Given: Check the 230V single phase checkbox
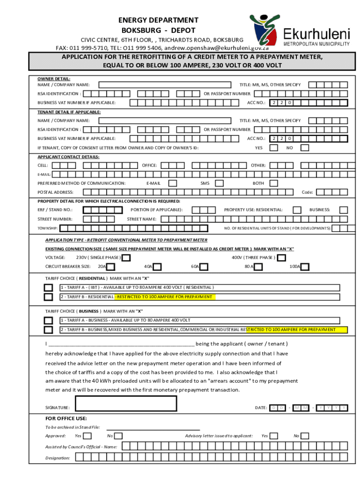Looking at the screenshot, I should point(126,258).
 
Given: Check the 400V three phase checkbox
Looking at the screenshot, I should point(281,258).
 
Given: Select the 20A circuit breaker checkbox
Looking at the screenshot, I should point(110,267).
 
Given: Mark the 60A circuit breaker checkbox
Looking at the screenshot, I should point(204,267).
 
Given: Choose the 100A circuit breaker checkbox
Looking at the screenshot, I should point(305,267).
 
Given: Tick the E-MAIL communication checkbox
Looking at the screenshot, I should point(173,183).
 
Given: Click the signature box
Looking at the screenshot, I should point(126,403).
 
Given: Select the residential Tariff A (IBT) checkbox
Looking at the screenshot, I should point(49,287).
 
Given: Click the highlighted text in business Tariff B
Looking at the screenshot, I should point(297,330).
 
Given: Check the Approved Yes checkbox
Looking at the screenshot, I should point(87,436).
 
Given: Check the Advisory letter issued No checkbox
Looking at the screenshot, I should point(309,436).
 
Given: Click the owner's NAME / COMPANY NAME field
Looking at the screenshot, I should point(166,85).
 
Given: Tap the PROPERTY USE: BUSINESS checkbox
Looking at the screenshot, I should point(343,210).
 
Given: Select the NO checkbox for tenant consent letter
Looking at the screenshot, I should point(304,148).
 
